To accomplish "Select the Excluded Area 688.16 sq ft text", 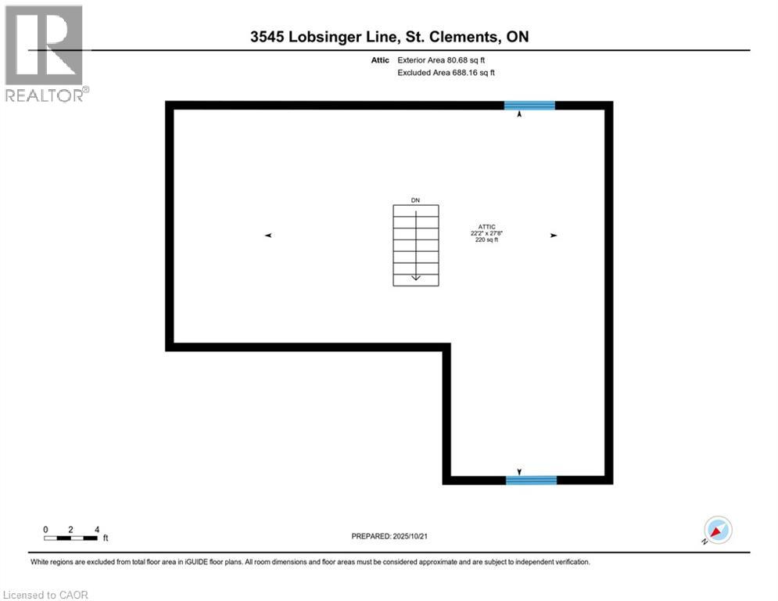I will pyautogui.click(x=446, y=72).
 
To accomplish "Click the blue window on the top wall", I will pyautogui.click(x=529, y=105).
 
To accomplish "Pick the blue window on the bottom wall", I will pyautogui.click(x=531, y=480).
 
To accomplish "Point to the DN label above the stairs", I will pyautogui.click(x=415, y=200).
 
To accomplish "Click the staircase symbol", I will pyautogui.click(x=415, y=245).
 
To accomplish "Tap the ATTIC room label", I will pyautogui.click(x=487, y=227).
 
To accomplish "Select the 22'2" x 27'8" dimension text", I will pyautogui.click(x=486, y=233).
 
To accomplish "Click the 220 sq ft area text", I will pyautogui.click(x=486, y=240).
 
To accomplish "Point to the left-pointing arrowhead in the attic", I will pyautogui.click(x=267, y=235).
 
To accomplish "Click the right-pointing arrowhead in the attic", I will pyautogui.click(x=554, y=235).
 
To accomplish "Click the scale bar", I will pyautogui.click(x=71, y=538).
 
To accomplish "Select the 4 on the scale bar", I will pyautogui.click(x=96, y=529).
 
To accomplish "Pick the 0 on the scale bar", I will pyautogui.click(x=45, y=529).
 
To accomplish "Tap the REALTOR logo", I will pyautogui.click(x=45, y=52).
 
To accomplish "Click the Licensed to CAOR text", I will pyautogui.click(x=46, y=595).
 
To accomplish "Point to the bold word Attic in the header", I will pyautogui.click(x=380, y=59).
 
